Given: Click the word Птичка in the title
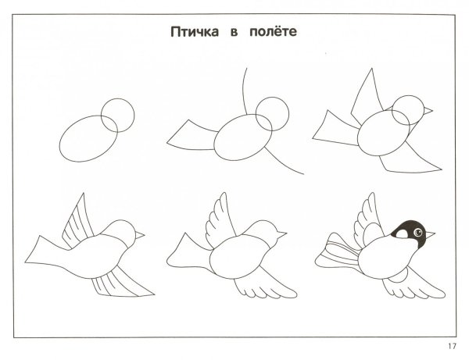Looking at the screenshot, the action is [195, 32].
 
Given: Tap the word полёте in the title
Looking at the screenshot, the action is [273, 31].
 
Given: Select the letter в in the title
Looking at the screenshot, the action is [234, 33].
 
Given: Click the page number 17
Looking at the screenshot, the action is [453, 346].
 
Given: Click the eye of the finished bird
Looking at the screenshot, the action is [418, 232].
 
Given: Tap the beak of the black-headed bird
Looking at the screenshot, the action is [430, 234].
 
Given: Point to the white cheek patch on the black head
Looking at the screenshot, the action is [402, 234].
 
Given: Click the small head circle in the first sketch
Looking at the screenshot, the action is [101, 116].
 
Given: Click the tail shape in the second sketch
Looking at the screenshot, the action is [192, 136].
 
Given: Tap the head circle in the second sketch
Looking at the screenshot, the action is [256, 114].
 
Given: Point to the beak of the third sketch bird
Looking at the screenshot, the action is [428, 111].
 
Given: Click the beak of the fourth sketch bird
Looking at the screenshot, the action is [140, 235].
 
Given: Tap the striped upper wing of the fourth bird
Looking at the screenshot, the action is [77, 224].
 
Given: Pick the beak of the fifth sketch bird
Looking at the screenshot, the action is [281, 234].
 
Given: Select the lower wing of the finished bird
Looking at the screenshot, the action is [414, 285].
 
